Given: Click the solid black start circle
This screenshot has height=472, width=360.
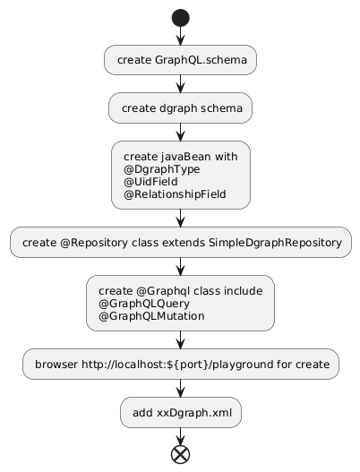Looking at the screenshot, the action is [x=180, y=18].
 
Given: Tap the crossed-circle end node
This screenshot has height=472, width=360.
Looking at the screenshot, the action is [x=180, y=454].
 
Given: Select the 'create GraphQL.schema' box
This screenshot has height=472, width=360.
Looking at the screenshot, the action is [x=180, y=60].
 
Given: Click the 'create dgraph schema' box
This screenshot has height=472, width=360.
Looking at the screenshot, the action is [x=180, y=108].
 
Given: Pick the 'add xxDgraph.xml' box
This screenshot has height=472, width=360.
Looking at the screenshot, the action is [x=181, y=412].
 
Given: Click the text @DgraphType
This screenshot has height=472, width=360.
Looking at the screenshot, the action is [x=161, y=170].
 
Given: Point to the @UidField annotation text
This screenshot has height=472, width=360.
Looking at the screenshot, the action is [x=150, y=182].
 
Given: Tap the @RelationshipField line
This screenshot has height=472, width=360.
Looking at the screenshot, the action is [x=175, y=194].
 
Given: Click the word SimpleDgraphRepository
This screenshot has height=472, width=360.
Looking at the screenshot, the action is [x=276, y=243].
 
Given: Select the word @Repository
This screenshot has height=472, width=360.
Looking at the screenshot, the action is [x=94, y=243].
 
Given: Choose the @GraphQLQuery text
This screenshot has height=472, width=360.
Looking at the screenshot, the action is [x=144, y=304].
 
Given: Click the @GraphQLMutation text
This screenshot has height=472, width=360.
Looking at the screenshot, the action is [x=151, y=316].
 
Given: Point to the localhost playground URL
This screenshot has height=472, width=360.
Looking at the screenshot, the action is [x=177, y=365].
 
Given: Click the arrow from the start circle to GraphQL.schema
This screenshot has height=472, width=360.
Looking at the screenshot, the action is [x=180, y=36].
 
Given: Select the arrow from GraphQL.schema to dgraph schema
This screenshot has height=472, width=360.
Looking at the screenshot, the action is [x=180, y=84].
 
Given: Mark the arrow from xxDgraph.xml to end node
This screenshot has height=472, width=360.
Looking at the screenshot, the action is [x=180, y=436].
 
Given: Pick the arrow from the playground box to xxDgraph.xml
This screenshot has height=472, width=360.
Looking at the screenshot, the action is [x=180, y=389].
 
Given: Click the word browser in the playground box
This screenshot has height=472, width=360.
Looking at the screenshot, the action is [x=56, y=365].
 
